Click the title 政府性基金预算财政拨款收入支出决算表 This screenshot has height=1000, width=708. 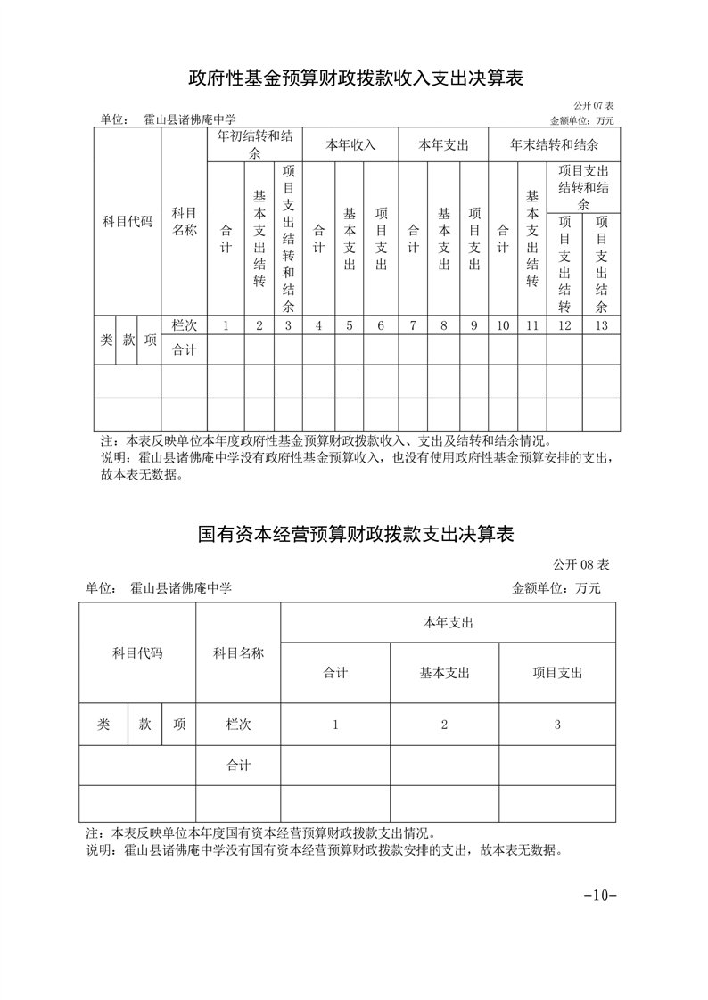354,78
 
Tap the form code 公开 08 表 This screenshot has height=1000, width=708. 580,564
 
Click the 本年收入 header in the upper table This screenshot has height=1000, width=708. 350,144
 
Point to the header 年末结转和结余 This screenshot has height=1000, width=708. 554,144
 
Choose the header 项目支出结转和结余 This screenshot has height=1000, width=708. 583,187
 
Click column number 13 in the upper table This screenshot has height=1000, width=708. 601,325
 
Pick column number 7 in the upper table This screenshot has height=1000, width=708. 413,325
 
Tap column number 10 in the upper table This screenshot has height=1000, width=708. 503,325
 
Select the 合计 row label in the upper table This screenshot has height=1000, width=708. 185,349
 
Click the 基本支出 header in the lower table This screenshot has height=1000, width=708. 444,673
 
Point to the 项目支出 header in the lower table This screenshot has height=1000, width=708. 557,673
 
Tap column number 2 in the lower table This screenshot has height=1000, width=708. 444,725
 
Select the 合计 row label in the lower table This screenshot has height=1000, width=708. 238,765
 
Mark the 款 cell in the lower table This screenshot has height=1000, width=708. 144,725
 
